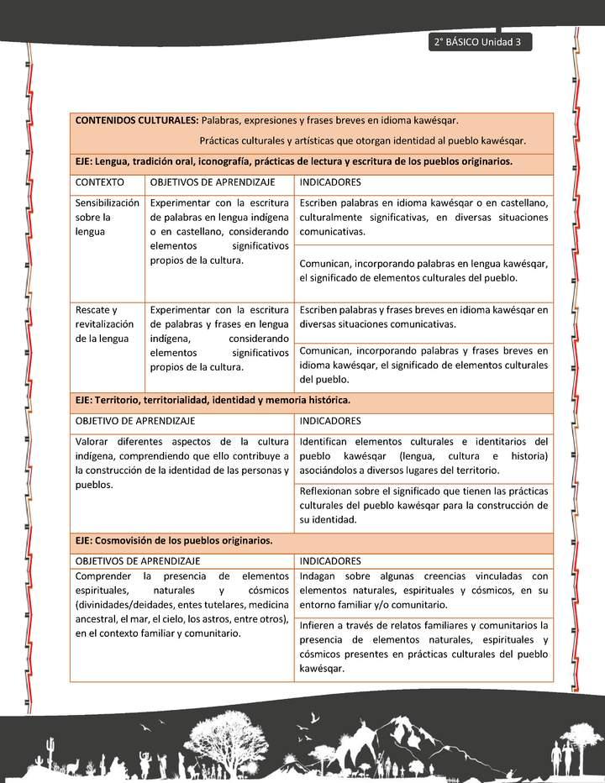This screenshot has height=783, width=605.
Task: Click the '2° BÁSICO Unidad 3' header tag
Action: pos(477,42)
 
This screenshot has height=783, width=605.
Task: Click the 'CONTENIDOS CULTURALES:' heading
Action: pos(137,121)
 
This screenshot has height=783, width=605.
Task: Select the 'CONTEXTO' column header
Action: pos(100,182)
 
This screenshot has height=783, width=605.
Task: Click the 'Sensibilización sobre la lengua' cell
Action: pos(107,217)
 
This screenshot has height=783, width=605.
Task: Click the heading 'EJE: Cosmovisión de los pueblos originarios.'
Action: pos(174,541)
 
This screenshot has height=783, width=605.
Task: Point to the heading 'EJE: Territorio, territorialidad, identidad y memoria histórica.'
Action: pos(213,401)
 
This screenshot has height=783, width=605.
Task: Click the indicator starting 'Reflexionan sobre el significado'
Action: pos(423,505)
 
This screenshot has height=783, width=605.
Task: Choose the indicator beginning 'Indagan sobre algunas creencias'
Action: pos(423,590)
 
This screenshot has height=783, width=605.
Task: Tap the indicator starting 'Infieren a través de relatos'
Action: pos(423,647)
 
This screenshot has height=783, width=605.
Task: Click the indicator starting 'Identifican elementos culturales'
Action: pos(423,455)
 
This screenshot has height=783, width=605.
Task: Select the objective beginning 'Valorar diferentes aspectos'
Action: pos(181,463)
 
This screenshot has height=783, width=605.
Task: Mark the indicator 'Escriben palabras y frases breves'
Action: pos(423,317)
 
